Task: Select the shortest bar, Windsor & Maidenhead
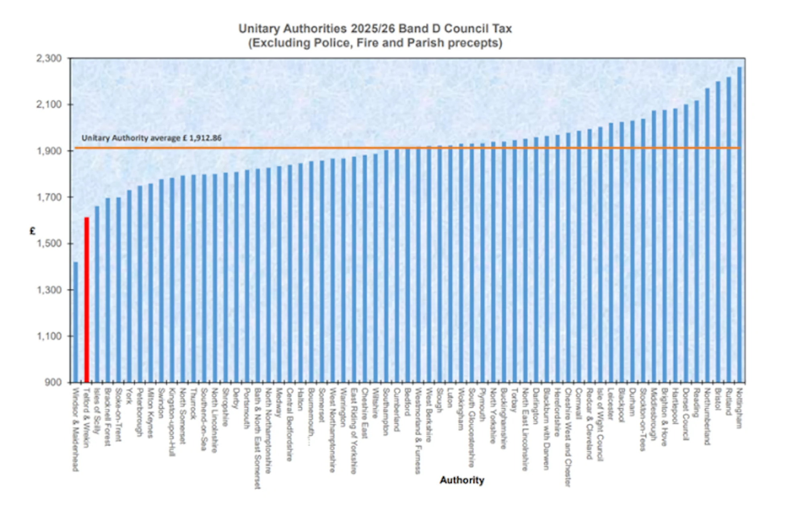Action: click(75, 321)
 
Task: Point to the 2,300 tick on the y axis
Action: click(49, 59)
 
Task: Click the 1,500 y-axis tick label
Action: click(49, 244)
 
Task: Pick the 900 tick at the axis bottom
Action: click(53, 382)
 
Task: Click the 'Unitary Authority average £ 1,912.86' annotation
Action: click(151, 138)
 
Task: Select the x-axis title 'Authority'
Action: click(462, 480)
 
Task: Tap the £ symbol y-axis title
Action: click(33, 231)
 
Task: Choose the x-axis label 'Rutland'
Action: click(728, 402)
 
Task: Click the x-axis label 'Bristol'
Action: click(718, 399)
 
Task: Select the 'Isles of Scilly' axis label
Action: click(97, 410)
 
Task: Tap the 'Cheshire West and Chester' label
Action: click(568, 437)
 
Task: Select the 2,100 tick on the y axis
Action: click(49, 105)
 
